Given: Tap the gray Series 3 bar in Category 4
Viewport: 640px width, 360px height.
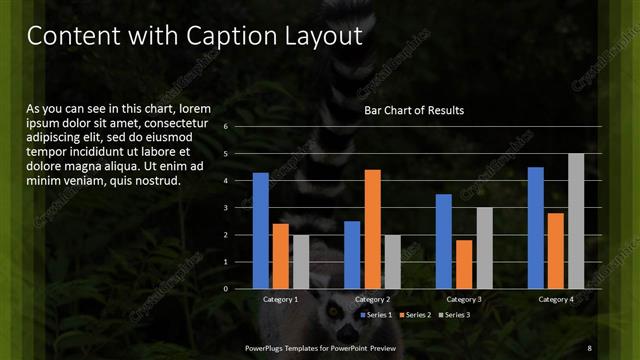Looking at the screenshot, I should [x=575, y=221].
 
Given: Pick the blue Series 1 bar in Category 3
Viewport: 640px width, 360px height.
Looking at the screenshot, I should [x=444, y=241].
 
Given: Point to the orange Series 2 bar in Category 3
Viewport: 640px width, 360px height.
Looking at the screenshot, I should [x=464, y=264].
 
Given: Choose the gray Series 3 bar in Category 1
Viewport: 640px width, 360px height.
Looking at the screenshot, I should [x=301, y=261].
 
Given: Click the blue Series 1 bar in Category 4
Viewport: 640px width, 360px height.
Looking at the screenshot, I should [x=535, y=228].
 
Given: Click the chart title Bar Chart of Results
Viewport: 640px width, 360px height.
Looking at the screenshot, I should [x=413, y=110].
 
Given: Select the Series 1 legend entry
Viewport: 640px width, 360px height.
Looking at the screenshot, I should [x=375, y=315].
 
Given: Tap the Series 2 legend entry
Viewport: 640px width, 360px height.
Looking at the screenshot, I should [x=416, y=315].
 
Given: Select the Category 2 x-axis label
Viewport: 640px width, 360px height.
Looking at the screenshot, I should [x=371, y=299].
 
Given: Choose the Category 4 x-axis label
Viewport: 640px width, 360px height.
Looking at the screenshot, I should [x=555, y=299].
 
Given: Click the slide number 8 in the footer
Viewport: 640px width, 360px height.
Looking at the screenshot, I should [x=589, y=347].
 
